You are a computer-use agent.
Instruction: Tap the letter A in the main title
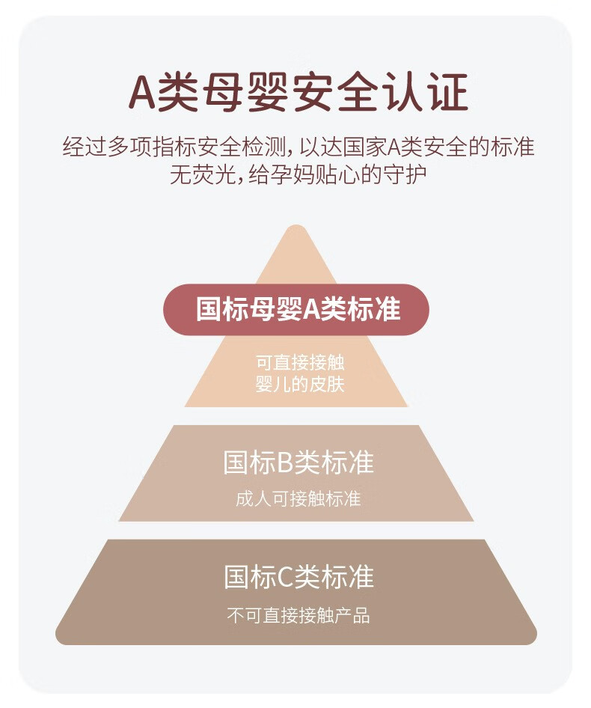142,93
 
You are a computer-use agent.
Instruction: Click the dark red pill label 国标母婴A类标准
295,309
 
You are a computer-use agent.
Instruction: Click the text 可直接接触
300,362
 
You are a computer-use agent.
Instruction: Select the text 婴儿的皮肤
300,384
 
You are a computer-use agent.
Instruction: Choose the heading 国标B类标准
298,462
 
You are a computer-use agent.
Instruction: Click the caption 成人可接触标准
298,499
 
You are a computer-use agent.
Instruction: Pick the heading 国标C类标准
298,576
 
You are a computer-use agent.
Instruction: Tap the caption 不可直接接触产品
298,615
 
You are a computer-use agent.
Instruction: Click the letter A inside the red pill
311,310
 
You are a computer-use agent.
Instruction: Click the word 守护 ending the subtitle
404,174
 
